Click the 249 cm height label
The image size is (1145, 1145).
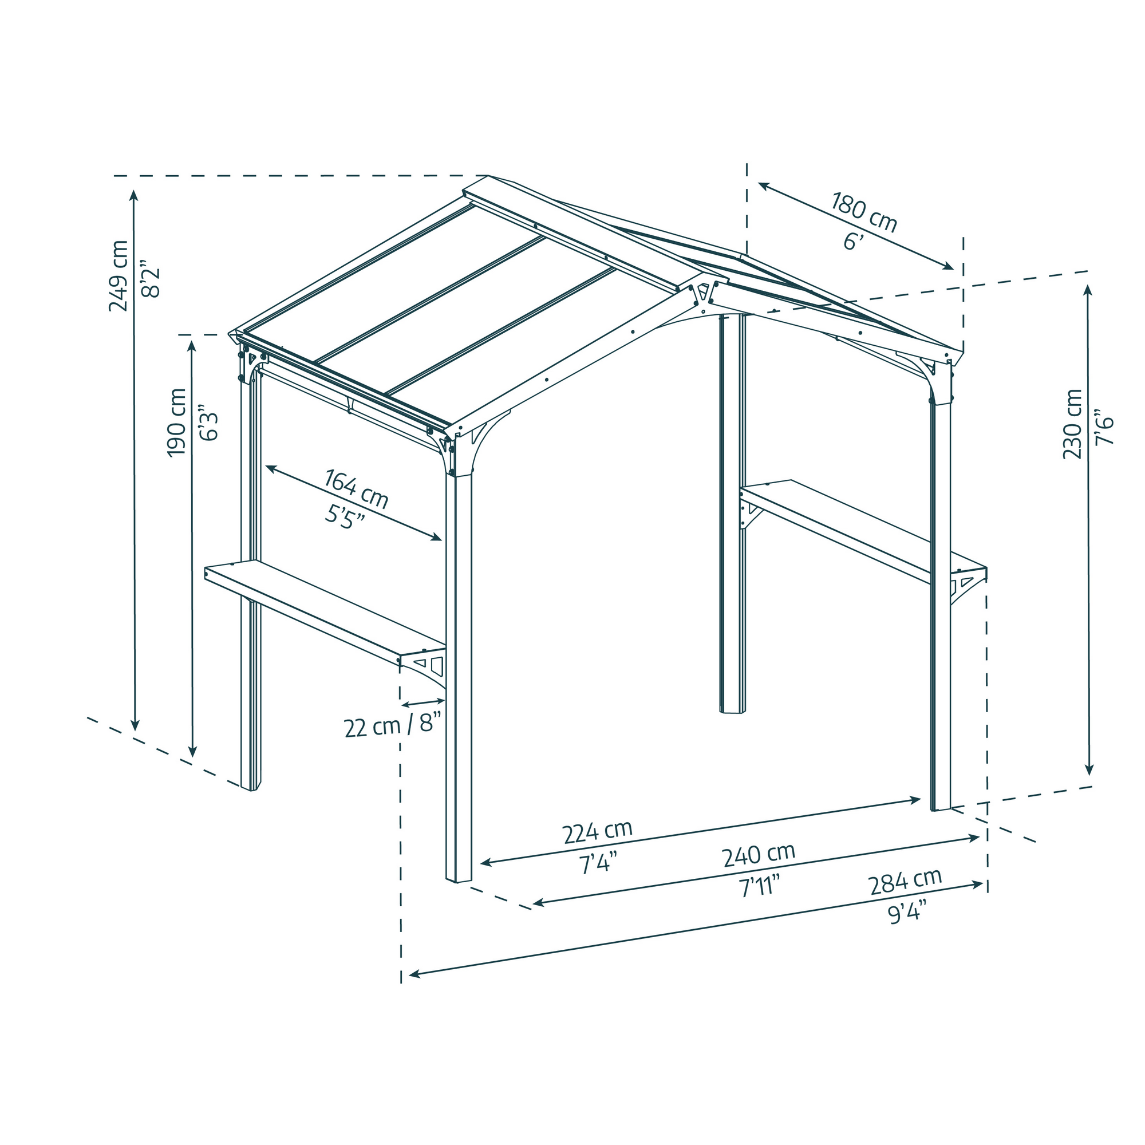119,275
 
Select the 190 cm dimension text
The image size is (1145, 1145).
176,423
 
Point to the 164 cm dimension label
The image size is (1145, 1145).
356,489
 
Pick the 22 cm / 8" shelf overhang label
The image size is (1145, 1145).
393,726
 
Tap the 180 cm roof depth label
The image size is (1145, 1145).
863,212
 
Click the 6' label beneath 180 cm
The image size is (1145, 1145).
854,241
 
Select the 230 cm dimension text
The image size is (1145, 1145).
1072,424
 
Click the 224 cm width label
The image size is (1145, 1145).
597,832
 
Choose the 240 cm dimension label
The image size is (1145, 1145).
758,855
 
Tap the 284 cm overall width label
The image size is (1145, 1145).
905,882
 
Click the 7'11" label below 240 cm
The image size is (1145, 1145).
759,888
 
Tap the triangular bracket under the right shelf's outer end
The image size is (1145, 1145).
965,583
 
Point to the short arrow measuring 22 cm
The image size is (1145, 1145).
423,703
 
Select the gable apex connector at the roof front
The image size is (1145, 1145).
703,297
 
